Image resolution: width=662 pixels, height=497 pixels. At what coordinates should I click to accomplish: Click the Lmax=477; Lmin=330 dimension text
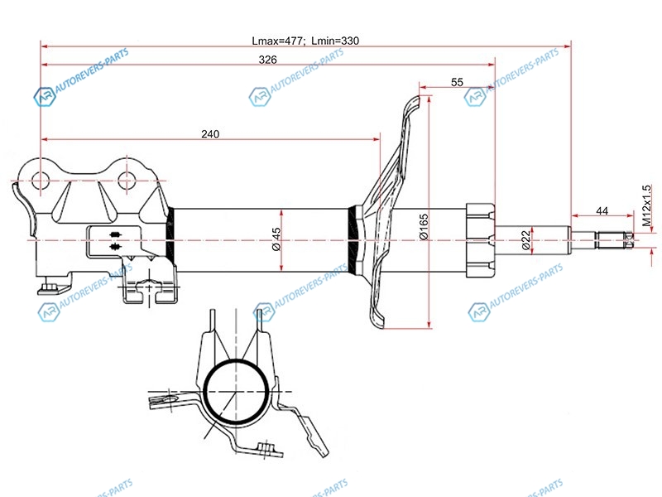pos(305,41)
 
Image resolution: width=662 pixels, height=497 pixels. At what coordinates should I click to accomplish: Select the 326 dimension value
pos(267,60)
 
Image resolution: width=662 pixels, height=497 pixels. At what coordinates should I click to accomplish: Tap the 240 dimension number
pos(210,134)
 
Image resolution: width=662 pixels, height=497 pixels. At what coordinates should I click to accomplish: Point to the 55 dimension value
pos(458,82)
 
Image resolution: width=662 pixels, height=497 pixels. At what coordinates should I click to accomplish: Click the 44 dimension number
pos(602,210)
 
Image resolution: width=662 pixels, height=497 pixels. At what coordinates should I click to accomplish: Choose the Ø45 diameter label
pos(276,239)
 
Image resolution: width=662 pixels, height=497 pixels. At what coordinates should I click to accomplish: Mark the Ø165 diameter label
pos(424,227)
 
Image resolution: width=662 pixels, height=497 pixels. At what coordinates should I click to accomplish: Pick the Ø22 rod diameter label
pos(525,240)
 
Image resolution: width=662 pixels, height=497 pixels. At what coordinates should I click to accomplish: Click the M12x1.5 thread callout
pos(646,205)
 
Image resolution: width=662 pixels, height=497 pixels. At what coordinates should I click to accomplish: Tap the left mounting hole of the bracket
pos(41,181)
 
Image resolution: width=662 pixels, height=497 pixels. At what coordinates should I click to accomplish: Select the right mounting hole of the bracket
pos(127,181)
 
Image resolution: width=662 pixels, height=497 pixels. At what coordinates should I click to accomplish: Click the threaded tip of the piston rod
pos(614,240)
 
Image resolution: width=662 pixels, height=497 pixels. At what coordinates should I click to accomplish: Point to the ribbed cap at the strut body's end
pos(480,240)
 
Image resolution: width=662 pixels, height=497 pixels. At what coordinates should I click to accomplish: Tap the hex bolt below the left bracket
pos(50,287)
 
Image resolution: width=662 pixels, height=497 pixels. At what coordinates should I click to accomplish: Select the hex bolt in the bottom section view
pos(266,448)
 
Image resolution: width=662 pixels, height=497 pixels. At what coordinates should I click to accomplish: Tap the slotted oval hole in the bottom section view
pos(169,399)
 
